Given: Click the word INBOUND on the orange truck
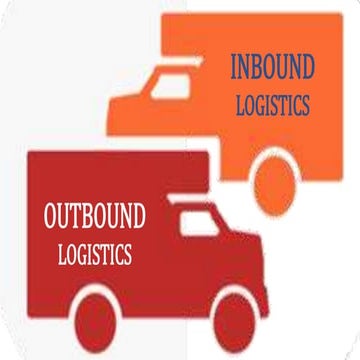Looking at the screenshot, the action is tap(272, 69).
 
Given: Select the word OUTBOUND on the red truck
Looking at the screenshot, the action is tap(95, 216).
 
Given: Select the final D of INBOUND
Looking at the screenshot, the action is tap(310, 69).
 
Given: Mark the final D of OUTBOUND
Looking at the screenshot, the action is tap(137, 216).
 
